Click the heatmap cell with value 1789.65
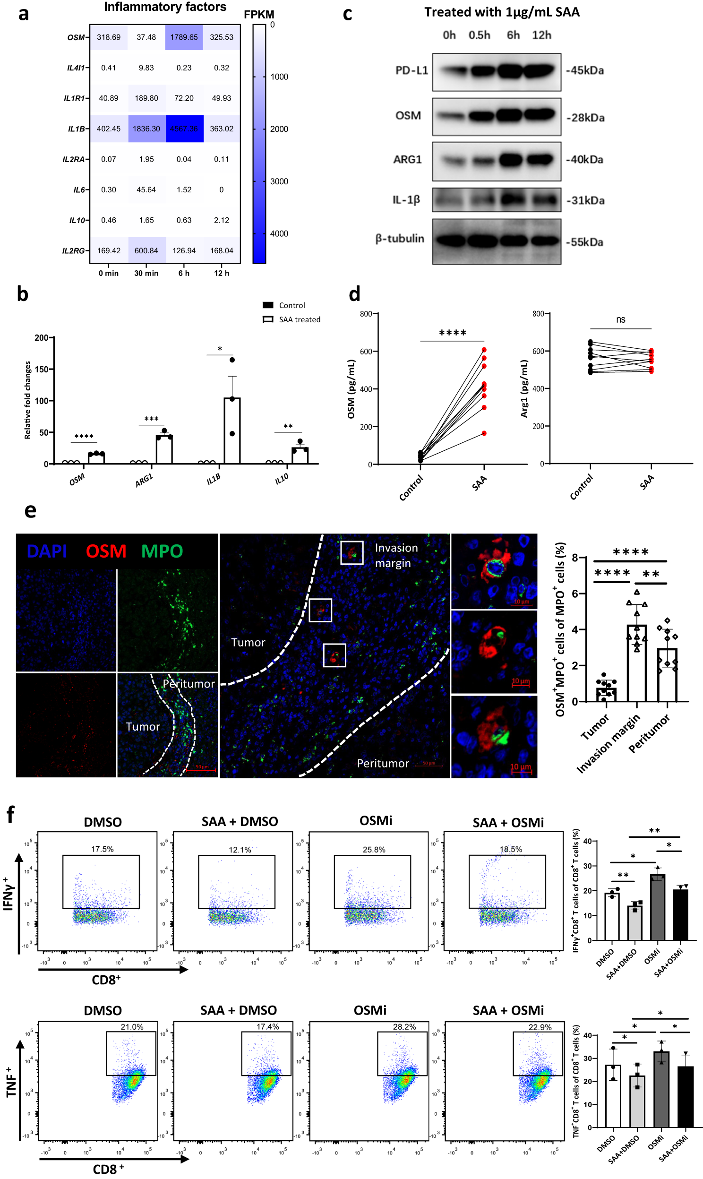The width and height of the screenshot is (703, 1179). pos(184,37)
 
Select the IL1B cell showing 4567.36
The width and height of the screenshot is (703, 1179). pos(184,129)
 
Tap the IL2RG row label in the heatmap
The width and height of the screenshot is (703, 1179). pos(74,251)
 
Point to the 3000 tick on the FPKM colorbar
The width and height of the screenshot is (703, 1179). pos(279,181)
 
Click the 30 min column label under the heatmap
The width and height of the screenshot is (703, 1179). pos(146,273)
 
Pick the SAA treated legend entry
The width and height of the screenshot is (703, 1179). pos(292,320)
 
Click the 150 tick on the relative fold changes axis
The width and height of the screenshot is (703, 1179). pos(42,370)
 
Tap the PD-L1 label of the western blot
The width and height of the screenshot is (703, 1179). pos(412,70)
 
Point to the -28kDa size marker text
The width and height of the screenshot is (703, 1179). pos(585,118)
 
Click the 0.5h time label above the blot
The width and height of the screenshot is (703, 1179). pos(479,35)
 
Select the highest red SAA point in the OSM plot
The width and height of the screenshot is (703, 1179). pos(484,350)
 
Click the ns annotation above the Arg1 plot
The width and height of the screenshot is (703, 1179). pos(621,320)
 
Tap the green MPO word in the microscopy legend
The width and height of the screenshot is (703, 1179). pos(162,551)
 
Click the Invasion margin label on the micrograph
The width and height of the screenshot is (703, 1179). pos(396,555)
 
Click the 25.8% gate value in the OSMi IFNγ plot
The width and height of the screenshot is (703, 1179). pos(374,850)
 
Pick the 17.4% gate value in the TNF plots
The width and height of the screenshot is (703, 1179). pos(268,1026)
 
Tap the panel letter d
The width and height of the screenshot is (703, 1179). pos(354,293)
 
